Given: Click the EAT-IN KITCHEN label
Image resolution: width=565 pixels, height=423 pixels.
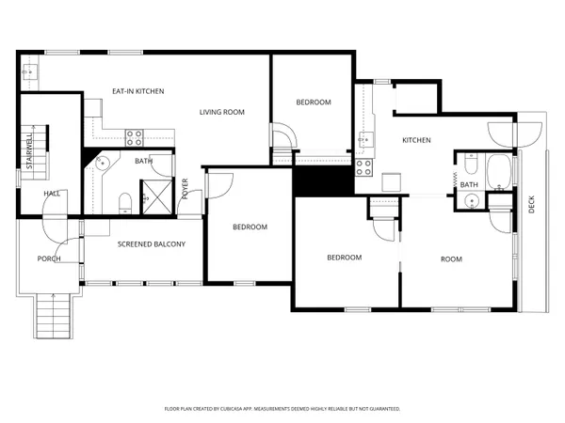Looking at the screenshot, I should click(138, 91).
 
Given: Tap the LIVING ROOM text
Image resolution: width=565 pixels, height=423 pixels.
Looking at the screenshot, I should click(221, 112).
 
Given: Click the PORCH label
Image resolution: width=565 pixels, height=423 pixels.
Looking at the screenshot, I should click(48, 258).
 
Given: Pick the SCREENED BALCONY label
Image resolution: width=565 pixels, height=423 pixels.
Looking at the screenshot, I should click(151, 244).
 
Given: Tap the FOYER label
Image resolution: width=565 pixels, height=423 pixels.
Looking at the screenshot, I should click(186, 189).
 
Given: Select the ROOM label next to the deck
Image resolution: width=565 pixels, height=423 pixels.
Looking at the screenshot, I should click(451, 258).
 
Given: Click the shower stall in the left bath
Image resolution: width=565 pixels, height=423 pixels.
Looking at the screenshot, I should click(152, 196).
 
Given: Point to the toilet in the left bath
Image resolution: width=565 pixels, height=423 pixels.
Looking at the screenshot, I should click(125, 199).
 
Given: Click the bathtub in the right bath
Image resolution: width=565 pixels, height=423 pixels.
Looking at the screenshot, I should click(498, 170).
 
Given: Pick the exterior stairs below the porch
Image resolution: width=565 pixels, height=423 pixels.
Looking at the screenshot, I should click(53, 310).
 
